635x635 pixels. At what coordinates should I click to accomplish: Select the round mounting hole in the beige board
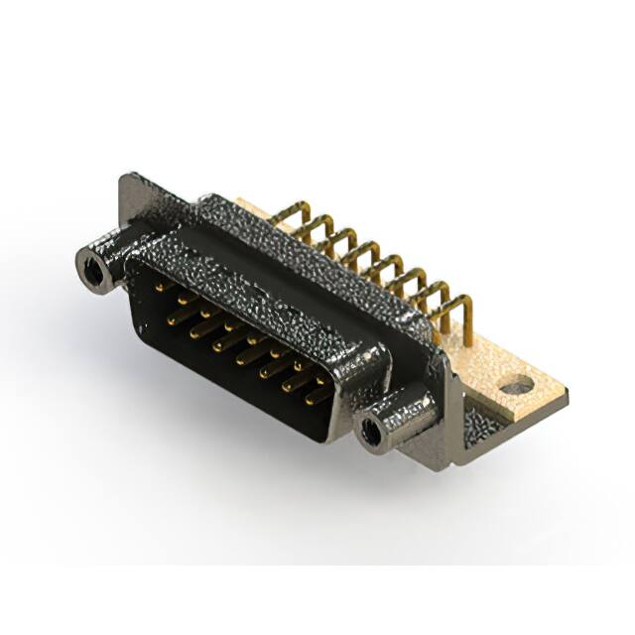514,382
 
